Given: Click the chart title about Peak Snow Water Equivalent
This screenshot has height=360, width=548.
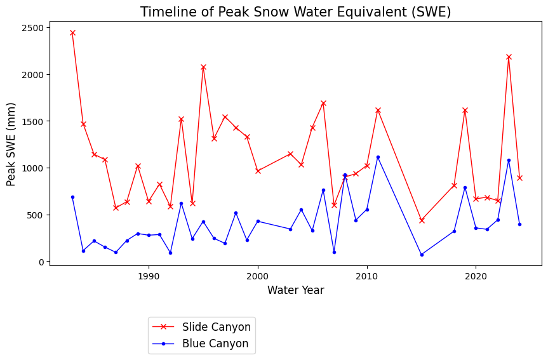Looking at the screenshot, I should [295, 12].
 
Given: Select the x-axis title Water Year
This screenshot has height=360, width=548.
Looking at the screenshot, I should [295, 290].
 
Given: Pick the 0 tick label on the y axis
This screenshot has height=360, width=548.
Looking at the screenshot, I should [40, 262].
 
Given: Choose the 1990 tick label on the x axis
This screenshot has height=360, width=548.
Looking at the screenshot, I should [149, 277].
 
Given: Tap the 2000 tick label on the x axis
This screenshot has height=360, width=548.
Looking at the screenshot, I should [258, 277].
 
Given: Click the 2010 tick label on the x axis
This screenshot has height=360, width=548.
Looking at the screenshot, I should [367, 277].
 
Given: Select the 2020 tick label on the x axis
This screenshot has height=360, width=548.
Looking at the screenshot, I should [476, 277].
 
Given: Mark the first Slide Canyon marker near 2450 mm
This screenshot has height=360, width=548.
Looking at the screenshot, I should [72, 32].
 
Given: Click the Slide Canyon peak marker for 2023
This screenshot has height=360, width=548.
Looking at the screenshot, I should [509, 57].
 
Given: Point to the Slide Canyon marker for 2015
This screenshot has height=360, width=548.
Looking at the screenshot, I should [422, 220].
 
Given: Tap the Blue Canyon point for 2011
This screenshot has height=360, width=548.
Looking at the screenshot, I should [378, 157].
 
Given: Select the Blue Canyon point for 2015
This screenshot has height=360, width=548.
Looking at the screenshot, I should [422, 255].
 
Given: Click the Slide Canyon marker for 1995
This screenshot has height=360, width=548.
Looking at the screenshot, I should [203, 67].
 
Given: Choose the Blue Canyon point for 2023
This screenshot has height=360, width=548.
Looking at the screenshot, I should [509, 160].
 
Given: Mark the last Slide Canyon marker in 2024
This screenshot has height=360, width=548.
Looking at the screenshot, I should [519, 178].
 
